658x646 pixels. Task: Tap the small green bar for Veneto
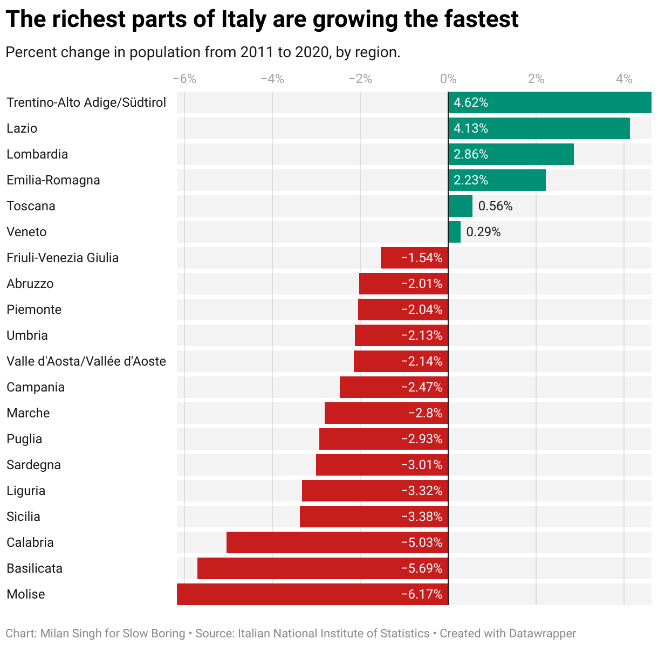[x=454, y=232]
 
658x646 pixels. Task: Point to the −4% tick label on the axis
[x=272, y=79]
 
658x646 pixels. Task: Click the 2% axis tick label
[x=536, y=79]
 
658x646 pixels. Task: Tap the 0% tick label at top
[x=448, y=79]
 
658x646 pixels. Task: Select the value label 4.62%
[x=471, y=102]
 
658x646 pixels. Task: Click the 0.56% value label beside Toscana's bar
[x=495, y=206]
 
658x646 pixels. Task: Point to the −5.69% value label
[x=422, y=568]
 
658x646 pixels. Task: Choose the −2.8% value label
[x=426, y=413]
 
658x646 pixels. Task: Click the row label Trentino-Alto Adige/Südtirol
[x=86, y=102]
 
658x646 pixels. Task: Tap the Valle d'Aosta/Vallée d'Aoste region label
[x=86, y=361]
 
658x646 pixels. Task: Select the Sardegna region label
[x=33, y=465]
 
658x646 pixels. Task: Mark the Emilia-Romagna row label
[x=53, y=180]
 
